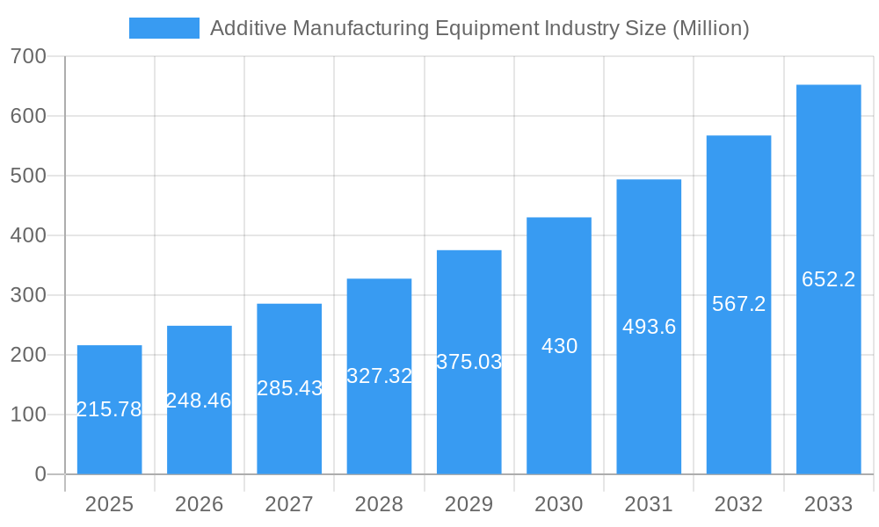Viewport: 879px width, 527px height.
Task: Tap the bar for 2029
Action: [x=469, y=413]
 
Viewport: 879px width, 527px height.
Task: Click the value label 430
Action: [x=559, y=346]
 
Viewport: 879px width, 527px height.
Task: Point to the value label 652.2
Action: [x=828, y=279]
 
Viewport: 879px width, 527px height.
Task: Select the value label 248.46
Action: [x=199, y=401]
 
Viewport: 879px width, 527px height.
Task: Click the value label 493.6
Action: [x=649, y=327]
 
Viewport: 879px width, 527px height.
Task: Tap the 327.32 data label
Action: [x=379, y=376]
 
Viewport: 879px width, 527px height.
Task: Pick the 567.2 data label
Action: [x=738, y=304]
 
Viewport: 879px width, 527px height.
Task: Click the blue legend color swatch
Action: [x=163, y=28]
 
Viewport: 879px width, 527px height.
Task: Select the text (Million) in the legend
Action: [x=710, y=28]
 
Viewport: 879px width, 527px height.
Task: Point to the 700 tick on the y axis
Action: [x=28, y=56]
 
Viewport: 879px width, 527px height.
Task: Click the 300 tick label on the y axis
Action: [x=28, y=295]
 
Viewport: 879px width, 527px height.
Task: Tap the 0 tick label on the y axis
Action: [x=40, y=474]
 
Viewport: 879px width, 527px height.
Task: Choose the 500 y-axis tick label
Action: [x=28, y=176]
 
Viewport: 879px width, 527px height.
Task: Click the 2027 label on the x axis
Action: [x=289, y=504]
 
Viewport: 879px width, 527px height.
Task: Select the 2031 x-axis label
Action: [x=649, y=504]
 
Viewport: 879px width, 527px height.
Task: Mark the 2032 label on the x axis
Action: [x=738, y=504]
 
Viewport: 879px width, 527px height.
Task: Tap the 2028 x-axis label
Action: [x=379, y=504]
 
